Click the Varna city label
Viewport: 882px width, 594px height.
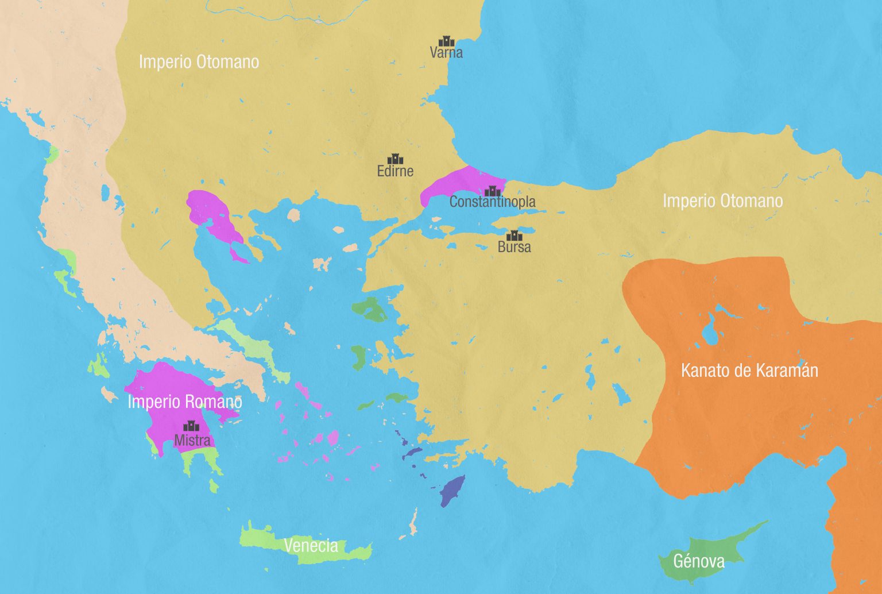pos(446,53)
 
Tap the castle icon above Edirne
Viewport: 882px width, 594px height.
pos(395,159)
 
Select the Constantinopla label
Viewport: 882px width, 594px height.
pos(492,202)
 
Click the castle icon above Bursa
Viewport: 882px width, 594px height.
pos(514,235)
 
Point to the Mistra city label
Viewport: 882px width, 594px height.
pos(192,441)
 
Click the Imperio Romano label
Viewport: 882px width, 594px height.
pos(184,402)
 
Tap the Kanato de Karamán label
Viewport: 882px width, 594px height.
pos(749,371)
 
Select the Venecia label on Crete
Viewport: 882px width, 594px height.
pos(311,545)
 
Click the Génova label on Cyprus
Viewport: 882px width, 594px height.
pos(698,561)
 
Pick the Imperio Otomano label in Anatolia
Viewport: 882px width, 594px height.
pos(722,201)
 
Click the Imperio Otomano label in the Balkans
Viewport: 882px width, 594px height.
pos(199,62)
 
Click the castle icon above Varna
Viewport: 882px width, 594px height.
pos(446,41)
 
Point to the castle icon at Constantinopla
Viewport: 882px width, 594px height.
pos(492,191)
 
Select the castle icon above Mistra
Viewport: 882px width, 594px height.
pos(190,426)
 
